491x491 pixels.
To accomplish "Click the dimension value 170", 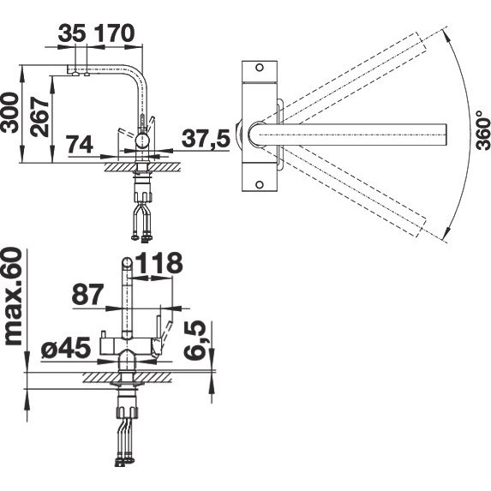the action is point(114,33).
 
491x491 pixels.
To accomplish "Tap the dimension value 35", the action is point(72,33).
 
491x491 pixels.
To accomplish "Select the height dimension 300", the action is point(9,113).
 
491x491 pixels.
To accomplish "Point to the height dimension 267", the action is point(39,117).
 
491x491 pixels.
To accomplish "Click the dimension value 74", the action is point(81,144).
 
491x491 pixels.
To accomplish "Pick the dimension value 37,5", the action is point(206,138).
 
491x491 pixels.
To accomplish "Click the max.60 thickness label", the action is point(13,296).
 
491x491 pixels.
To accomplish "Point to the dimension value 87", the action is point(87,295).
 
